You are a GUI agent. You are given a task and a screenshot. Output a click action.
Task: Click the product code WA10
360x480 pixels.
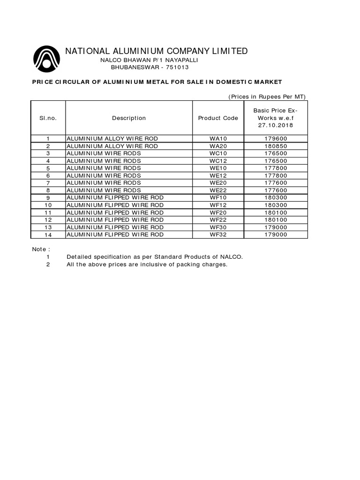[218, 139]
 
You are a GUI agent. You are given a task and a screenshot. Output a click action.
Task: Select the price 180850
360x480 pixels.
[277, 146]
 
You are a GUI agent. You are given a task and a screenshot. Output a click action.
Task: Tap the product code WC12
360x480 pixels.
[218, 161]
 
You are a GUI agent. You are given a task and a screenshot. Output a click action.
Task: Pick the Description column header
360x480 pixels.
[129, 118]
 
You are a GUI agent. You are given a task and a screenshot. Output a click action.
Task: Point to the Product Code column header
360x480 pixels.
[218, 118]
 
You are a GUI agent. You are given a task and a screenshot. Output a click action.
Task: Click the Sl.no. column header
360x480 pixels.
[48, 118]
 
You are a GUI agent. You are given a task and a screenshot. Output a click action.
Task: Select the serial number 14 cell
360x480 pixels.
[48, 234]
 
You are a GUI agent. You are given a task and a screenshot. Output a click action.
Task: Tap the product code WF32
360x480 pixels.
[218, 234]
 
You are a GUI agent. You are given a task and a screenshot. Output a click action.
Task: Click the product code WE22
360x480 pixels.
[218, 190]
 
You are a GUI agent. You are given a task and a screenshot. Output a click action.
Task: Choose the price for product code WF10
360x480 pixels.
[277, 198]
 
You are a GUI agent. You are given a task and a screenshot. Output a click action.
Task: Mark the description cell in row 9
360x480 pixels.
[115, 198]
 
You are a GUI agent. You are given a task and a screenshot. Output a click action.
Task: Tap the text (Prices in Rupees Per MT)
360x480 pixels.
[267, 97]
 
